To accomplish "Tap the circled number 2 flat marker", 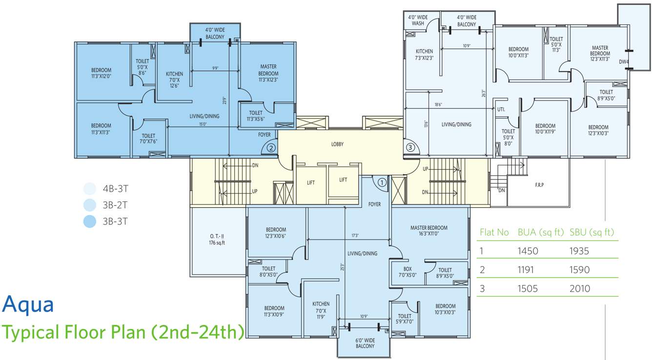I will [271, 147].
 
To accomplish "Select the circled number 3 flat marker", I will [410, 147].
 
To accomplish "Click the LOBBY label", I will [337, 144].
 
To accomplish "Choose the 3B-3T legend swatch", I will [89, 221].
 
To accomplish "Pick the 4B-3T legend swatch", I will [89, 188].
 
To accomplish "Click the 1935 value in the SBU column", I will [579, 251].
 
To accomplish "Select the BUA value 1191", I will [528, 270].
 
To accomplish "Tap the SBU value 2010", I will [580, 288].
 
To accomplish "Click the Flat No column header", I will [494, 232].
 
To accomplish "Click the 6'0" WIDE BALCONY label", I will [365, 343].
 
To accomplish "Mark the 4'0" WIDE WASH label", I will [418, 20].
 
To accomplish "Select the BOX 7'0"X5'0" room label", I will [407, 272].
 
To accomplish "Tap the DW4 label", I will [624, 61].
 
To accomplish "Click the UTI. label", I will [501, 110].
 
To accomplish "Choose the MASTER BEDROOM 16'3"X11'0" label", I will [428, 231].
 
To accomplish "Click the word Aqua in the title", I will [28, 304].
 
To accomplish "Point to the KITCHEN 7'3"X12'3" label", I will [424, 55].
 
